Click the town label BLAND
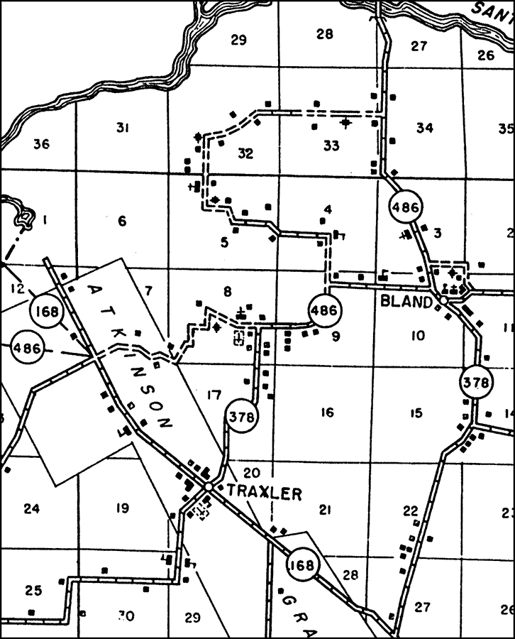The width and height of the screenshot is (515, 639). coord(406,301)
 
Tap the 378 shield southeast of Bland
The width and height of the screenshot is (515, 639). coord(475,383)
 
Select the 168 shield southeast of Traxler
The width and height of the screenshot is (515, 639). coord(303,566)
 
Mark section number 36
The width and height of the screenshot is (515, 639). coord(41,144)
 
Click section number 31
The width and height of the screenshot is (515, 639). coord(122,128)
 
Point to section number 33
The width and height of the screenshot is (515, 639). coord(331,146)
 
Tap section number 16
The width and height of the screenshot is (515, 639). coord(326,413)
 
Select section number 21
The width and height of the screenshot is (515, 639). coord(326,509)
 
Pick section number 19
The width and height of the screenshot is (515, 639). coord(121,508)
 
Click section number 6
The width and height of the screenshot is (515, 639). coord(122,222)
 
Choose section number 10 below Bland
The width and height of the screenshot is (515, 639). coord(416,335)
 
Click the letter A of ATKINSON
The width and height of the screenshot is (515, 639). coord(94,290)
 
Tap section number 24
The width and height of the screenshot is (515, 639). coord(31,508)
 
